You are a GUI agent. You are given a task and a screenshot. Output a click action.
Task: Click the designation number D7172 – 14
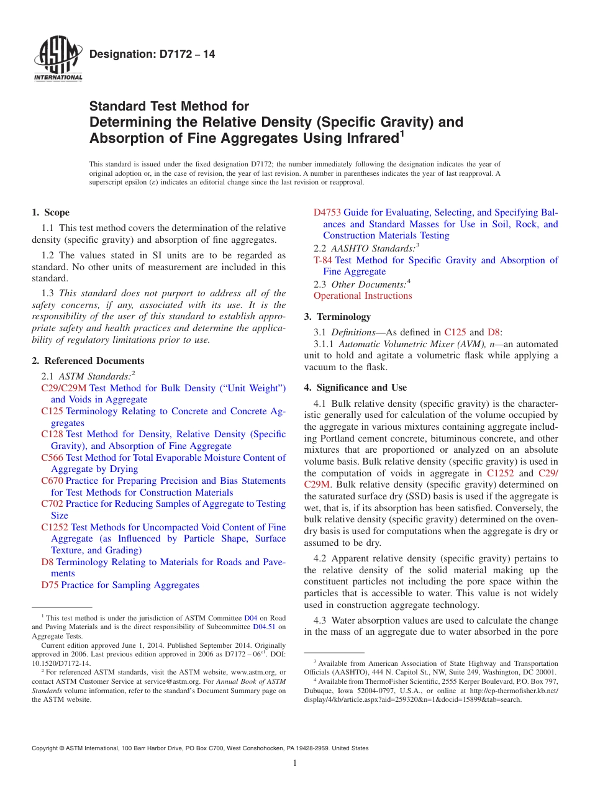[152, 55]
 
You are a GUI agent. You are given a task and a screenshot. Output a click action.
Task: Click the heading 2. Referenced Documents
[88, 361]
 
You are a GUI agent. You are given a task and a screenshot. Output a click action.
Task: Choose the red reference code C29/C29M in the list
[64, 388]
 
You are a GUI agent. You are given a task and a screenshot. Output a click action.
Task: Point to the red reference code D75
[50, 585]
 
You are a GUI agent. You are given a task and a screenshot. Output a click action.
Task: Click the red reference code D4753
[327, 212]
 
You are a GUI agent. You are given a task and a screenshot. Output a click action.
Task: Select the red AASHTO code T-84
[323, 260]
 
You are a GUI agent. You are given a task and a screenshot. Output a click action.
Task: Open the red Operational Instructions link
[363, 296]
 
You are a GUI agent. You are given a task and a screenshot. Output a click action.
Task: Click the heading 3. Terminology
[337, 317]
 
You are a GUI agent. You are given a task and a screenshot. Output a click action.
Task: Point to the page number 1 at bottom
[295, 763]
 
